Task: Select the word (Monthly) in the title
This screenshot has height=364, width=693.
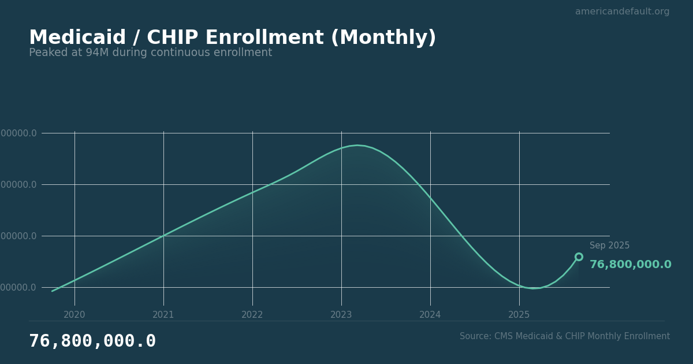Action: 383,38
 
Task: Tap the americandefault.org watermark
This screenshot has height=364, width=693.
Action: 622,12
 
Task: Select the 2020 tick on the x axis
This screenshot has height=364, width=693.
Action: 74,315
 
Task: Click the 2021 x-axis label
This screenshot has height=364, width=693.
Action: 163,315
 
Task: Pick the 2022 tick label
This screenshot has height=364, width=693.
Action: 252,315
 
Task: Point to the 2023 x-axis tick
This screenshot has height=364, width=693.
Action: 341,315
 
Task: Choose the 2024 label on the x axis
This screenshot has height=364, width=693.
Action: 430,315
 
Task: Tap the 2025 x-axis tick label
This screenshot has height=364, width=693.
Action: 519,315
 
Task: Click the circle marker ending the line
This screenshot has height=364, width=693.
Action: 579,257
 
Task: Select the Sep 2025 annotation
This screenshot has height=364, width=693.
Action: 609,246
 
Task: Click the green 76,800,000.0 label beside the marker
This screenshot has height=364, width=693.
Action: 630,265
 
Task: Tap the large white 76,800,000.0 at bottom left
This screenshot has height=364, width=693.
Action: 92,341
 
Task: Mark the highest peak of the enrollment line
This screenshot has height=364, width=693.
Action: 357,145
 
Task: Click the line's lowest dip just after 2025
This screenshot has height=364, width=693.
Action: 534,288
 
